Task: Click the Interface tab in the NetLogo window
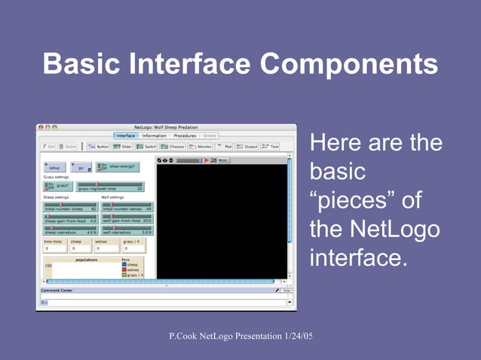126,136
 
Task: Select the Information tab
154,136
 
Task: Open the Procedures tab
185,136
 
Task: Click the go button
80,166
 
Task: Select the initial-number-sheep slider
70,207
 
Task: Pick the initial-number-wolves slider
127,207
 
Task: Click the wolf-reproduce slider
127,231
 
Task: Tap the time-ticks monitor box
54,246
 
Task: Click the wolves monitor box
106,246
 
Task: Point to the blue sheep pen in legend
124,265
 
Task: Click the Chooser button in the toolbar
172,147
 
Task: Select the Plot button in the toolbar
225,147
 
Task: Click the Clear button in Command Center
286,290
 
